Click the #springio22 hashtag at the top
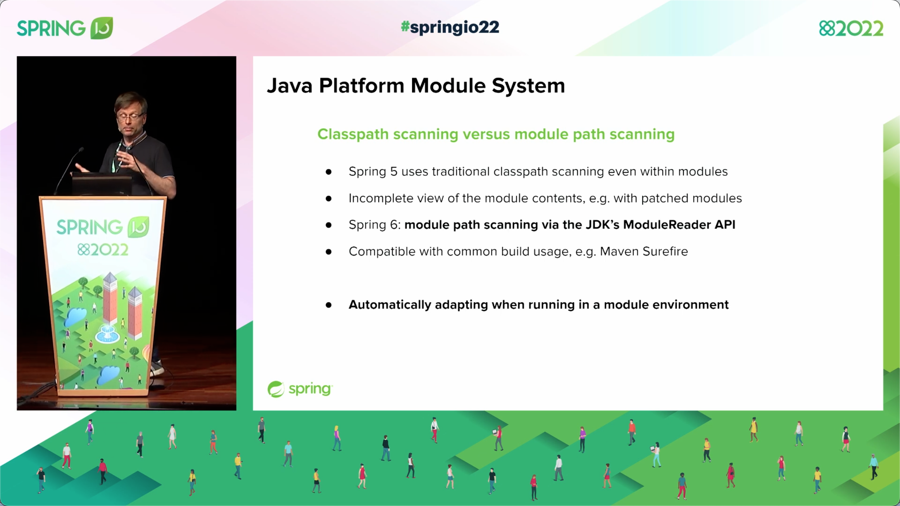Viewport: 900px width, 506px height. point(450,27)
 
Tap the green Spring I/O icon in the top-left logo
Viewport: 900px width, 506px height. point(102,28)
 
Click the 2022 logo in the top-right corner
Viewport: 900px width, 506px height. point(851,28)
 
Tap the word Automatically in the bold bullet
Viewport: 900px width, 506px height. point(390,305)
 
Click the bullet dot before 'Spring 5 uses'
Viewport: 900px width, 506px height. point(329,172)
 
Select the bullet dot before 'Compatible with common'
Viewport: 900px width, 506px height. point(329,252)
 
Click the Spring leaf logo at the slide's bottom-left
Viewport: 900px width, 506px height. point(276,389)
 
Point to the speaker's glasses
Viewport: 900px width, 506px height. point(129,115)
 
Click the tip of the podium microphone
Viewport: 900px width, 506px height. point(81,149)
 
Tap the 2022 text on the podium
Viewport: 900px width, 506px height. point(103,250)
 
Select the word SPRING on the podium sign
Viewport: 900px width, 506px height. point(90,227)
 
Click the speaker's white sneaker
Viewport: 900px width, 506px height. point(157,368)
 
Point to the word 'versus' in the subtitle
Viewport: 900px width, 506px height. point(486,134)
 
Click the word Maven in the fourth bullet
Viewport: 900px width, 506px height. point(619,251)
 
